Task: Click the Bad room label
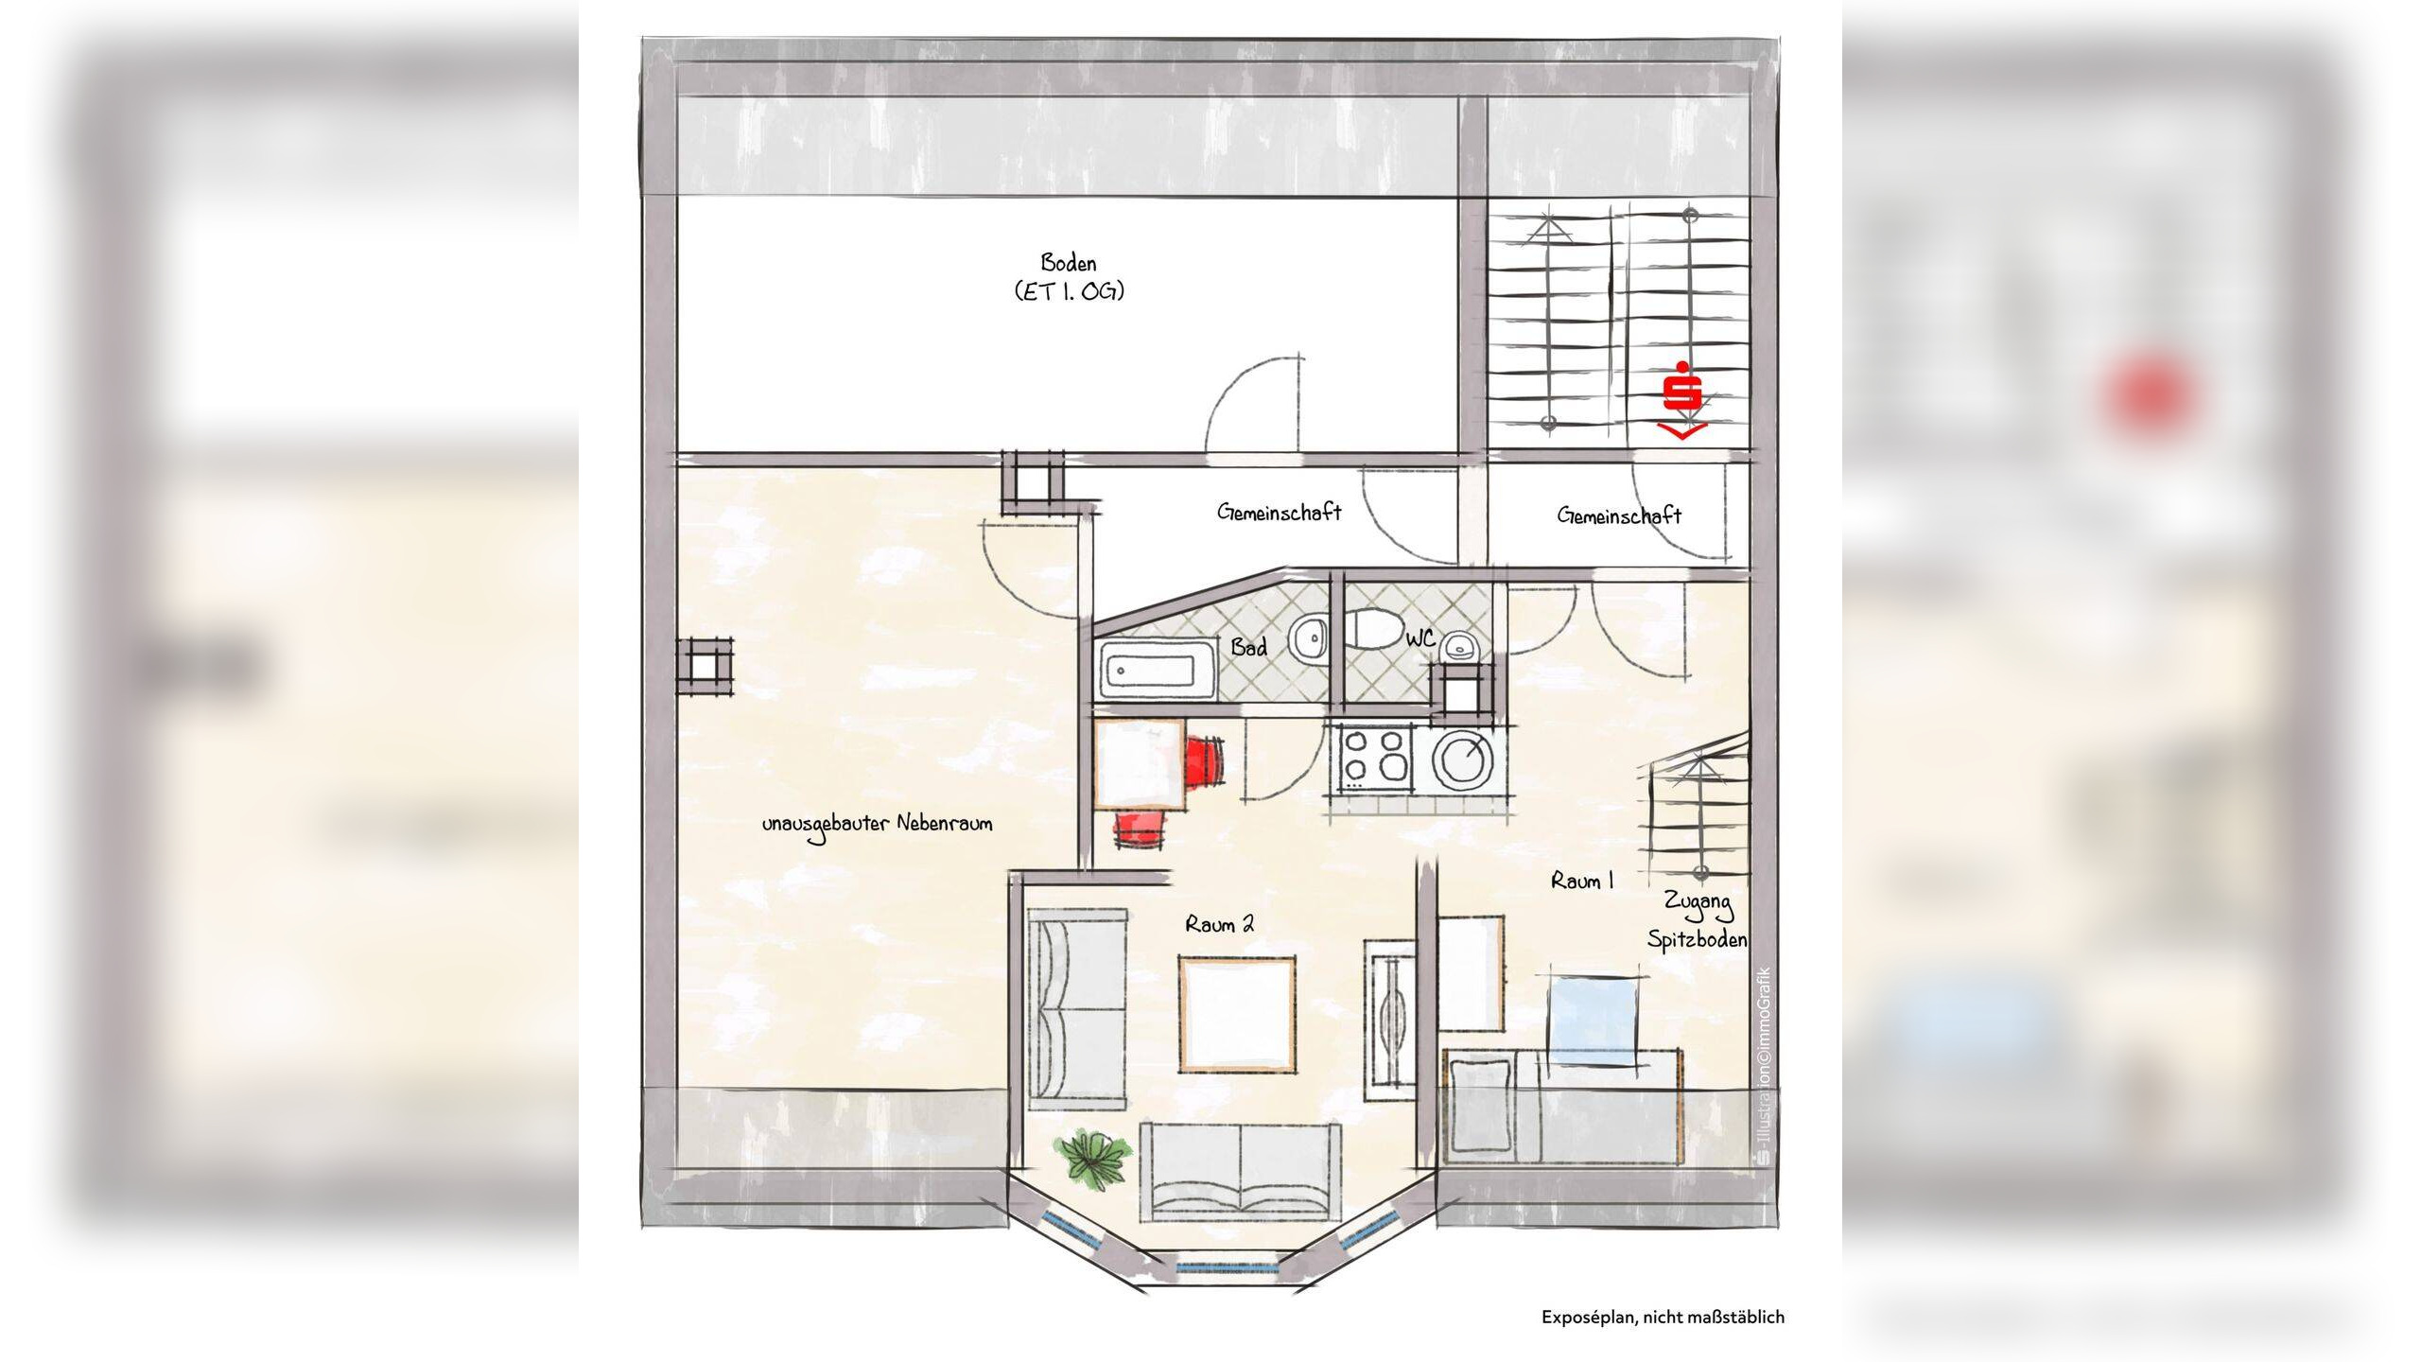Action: click(1248, 648)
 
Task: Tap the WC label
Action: click(1420, 639)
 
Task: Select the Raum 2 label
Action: click(1220, 924)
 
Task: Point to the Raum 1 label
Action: click(1582, 881)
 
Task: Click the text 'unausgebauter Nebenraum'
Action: click(878, 825)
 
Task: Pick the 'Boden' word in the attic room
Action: click(1069, 262)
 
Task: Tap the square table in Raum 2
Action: click(1237, 1014)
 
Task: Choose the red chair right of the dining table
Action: click(1204, 760)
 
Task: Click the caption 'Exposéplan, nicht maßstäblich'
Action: click(1663, 1317)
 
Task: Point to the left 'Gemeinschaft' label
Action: click(1280, 513)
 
